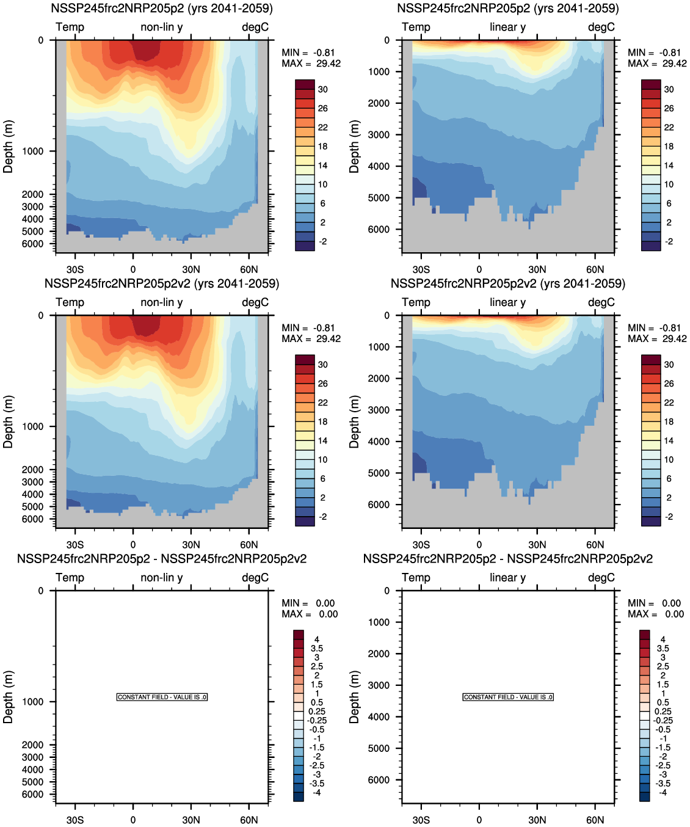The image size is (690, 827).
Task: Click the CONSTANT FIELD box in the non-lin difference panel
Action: click(x=162, y=697)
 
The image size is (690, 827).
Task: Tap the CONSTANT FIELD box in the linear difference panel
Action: click(x=508, y=697)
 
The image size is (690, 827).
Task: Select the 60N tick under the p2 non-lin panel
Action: click(x=249, y=269)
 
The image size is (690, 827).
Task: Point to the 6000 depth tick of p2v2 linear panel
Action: click(x=379, y=505)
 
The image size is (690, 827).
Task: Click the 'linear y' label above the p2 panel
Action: click(x=507, y=27)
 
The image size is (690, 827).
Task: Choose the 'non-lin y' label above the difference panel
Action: click(x=161, y=577)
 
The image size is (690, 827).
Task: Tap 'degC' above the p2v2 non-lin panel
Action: click(x=255, y=302)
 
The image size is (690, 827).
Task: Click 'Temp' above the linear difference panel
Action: click(x=416, y=577)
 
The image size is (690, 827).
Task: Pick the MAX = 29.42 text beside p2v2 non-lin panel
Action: click(x=311, y=338)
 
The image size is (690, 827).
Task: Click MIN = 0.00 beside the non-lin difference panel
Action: click(x=308, y=603)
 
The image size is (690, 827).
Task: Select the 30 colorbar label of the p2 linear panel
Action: click(x=669, y=89)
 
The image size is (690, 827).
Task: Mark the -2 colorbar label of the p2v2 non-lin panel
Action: click(x=322, y=517)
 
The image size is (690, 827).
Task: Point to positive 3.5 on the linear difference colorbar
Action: click(x=663, y=648)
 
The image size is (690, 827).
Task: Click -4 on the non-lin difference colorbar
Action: click(x=316, y=792)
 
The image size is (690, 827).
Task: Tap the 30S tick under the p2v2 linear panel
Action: click(x=421, y=545)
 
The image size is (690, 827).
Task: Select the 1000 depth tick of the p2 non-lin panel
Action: click(x=33, y=151)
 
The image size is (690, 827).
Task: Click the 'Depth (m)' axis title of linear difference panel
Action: click(x=354, y=697)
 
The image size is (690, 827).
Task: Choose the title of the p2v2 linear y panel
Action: click(x=507, y=283)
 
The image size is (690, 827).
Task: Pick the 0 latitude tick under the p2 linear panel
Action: click(x=479, y=269)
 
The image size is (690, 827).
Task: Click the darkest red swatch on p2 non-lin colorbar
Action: click(x=305, y=84)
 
